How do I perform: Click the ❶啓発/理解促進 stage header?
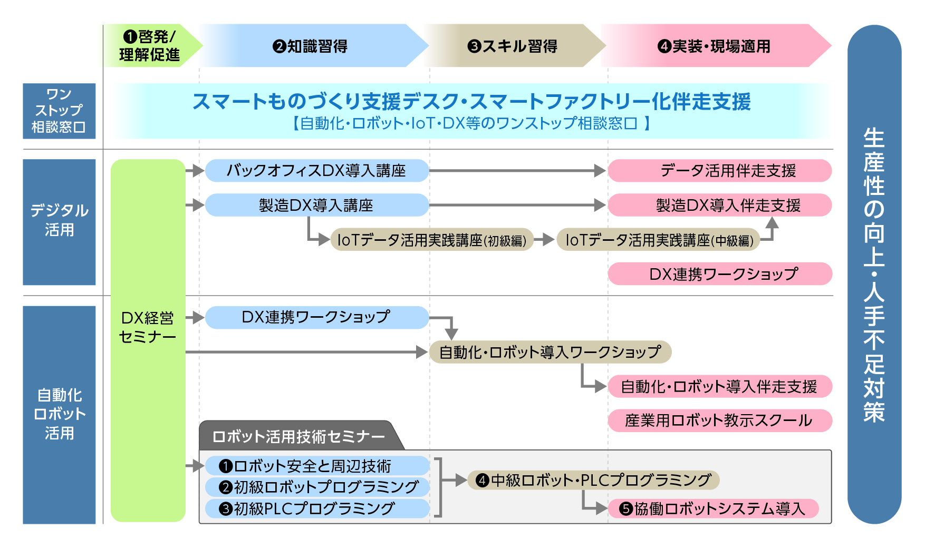coord(150,45)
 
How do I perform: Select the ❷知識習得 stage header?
coord(311,46)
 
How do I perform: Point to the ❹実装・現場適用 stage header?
coord(714,46)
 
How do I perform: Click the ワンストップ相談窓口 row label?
coord(59,111)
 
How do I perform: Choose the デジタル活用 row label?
coord(59,222)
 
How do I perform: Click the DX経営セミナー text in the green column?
coord(148,327)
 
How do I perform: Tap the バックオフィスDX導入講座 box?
coord(316,171)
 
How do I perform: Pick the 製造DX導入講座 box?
coord(316,205)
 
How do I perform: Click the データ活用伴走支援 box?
coord(720,171)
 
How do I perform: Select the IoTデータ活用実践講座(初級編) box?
coord(432,240)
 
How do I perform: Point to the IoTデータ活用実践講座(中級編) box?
coord(659,240)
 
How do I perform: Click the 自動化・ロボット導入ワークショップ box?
coord(550,352)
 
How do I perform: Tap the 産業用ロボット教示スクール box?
coord(720,420)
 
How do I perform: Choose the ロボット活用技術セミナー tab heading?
coord(298,436)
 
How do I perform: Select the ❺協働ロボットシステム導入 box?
coord(714,508)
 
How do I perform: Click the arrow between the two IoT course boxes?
coord(545,240)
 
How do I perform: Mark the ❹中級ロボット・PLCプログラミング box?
coord(594,480)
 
